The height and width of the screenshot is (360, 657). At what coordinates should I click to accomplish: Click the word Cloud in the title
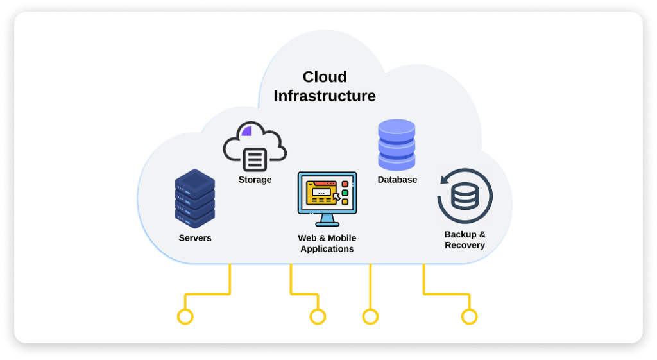(325, 77)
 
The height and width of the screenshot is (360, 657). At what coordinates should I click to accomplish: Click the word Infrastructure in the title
(325, 96)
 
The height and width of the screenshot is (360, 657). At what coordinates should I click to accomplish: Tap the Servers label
(195, 238)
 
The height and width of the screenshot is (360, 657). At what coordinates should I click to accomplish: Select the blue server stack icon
(195, 198)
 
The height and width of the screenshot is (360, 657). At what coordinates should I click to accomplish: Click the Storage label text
(255, 180)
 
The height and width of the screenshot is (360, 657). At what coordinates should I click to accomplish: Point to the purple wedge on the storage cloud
(246, 132)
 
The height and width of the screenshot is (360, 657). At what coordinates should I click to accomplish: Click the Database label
(397, 180)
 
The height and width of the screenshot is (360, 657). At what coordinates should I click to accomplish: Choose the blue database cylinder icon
(397, 145)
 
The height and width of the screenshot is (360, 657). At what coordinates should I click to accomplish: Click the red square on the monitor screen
(345, 184)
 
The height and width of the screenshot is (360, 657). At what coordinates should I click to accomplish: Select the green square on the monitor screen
(345, 193)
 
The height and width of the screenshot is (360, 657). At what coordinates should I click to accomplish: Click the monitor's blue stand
(327, 220)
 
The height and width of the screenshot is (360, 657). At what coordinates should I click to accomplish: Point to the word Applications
(327, 249)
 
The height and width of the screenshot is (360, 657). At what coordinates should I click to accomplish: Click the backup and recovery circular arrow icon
(465, 196)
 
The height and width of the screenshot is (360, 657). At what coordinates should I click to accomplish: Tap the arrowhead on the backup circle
(443, 180)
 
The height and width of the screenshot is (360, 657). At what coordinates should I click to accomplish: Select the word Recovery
(465, 245)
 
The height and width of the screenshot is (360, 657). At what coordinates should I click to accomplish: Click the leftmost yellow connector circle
(185, 316)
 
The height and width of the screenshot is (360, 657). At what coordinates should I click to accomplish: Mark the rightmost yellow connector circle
(470, 316)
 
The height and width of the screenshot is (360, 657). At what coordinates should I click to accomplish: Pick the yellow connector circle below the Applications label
(318, 316)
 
